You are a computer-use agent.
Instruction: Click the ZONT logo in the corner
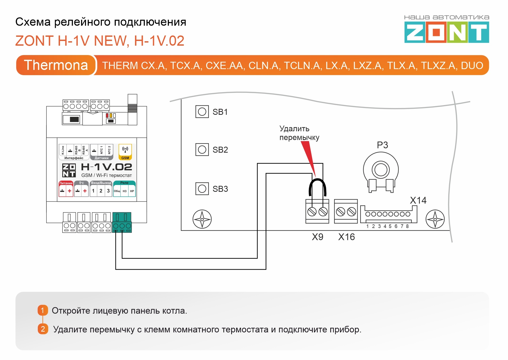point(446,32)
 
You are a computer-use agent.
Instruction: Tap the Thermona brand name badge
point(56,65)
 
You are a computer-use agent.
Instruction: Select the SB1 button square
point(202,112)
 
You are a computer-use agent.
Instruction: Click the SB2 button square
point(202,149)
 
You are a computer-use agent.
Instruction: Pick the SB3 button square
point(202,189)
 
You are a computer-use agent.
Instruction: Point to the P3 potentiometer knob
point(381,170)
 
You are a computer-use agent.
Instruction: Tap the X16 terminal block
point(346,211)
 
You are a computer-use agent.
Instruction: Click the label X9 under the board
point(317,237)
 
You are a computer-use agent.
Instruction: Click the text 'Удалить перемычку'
point(299,133)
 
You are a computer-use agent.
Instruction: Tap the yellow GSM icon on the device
point(125,152)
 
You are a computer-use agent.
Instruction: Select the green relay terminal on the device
point(122,222)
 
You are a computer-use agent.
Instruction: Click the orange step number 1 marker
point(43,310)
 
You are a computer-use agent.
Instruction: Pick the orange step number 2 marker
point(43,329)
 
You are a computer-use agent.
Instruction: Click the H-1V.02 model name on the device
point(106,167)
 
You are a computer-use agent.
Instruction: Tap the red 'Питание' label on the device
point(66,183)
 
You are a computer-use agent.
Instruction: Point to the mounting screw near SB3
point(202,219)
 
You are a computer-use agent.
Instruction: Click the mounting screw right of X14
point(435,219)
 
